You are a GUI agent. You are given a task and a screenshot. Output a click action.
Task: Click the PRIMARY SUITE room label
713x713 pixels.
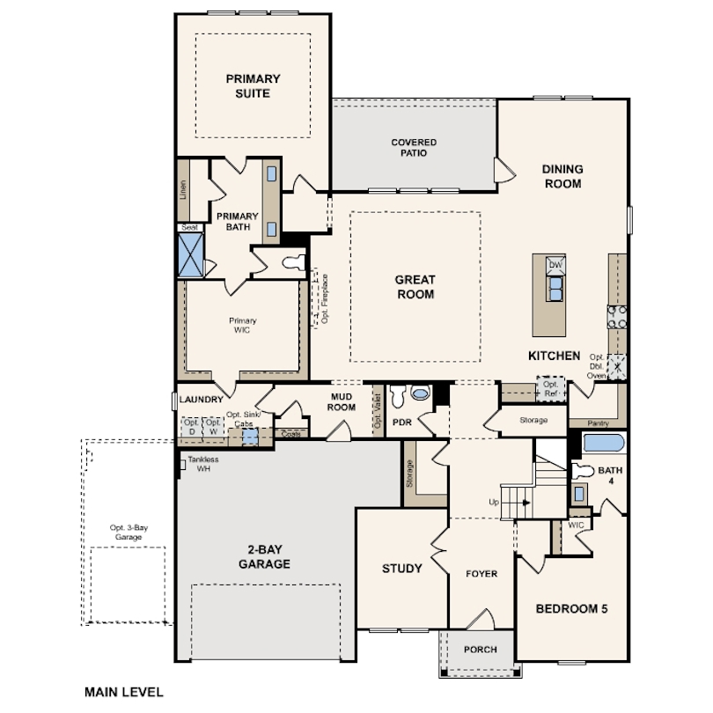click(x=253, y=86)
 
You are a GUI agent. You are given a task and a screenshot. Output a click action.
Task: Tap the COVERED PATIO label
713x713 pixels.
click(x=414, y=148)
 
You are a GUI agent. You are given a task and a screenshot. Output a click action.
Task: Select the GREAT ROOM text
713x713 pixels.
click(x=415, y=287)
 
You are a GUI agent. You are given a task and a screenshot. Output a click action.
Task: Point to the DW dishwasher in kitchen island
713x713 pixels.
click(x=555, y=265)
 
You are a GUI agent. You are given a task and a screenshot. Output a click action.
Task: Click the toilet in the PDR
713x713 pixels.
click(x=399, y=396)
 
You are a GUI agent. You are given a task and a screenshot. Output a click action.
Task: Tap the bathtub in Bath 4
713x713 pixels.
click(x=604, y=443)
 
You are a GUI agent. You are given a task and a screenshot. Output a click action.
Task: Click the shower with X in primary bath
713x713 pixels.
click(x=190, y=254)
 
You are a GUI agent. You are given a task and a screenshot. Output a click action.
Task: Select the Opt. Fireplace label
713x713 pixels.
click(x=325, y=298)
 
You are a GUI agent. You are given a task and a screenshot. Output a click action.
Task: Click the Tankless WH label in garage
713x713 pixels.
click(x=203, y=464)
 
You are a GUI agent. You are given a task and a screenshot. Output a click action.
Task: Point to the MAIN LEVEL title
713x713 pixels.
click(x=124, y=692)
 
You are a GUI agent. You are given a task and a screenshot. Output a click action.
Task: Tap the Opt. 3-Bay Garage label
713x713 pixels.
click(x=129, y=533)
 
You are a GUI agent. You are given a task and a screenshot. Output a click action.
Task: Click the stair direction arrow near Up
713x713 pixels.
click(x=526, y=503)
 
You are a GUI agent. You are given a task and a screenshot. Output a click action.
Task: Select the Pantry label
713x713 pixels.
click(x=598, y=423)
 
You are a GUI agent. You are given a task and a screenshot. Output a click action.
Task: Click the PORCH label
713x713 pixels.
click(x=481, y=650)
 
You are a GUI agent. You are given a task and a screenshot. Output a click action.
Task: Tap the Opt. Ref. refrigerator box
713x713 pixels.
click(x=551, y=389)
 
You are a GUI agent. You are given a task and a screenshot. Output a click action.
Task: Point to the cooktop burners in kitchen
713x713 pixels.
click(x=617, y=317)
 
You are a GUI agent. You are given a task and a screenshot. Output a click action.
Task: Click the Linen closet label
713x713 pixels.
click(x=183, y=190)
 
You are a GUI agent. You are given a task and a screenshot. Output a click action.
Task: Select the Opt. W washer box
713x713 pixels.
click(x=213, y=428)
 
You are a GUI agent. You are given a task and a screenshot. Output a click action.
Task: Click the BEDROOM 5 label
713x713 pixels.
click(x=571, y=609)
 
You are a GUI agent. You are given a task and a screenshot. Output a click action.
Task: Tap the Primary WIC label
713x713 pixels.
click(x=242, y=326)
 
